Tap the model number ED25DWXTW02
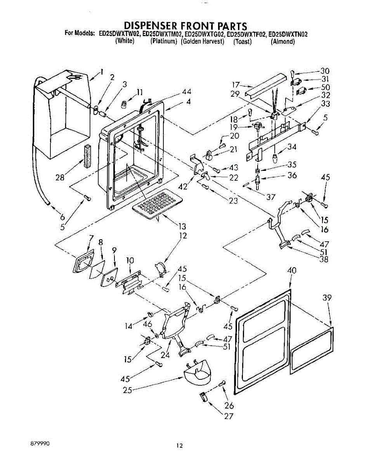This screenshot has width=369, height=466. (x=120, y=34)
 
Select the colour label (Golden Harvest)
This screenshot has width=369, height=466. (x=203, y=41)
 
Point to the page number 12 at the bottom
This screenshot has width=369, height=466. (x=179, y=445)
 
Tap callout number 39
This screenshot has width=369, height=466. (x=327, y=297)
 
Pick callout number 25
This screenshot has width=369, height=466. (x=127, y=390)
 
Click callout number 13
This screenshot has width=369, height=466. (x=182, y=226)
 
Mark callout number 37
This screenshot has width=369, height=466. (x=270, y=197)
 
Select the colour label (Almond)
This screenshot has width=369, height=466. (x=283, y=41)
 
